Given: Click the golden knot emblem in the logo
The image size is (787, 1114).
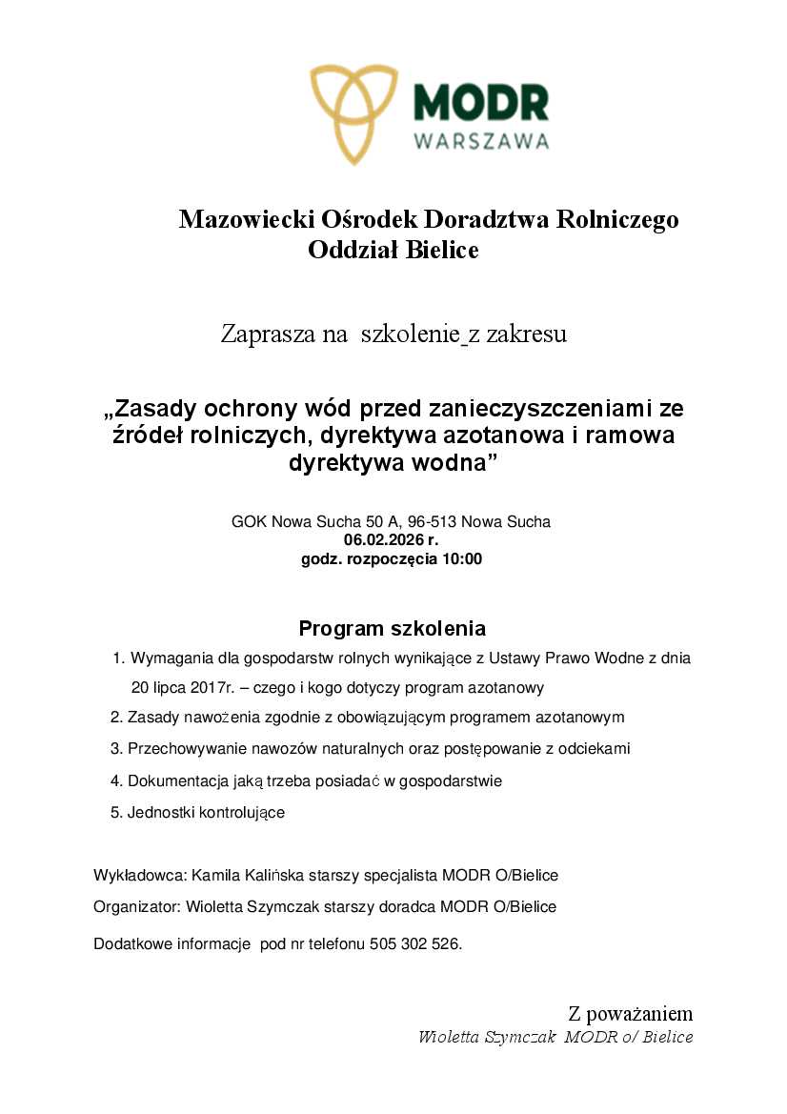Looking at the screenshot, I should (x=354, y=112).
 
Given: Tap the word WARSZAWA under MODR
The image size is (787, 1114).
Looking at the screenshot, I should (x=481, y=141).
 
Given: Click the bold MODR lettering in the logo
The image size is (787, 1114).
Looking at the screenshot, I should (x=481, y=102).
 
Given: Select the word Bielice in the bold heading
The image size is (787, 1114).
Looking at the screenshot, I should (x=442, y=251).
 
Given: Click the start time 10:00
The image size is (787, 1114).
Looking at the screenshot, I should (x=460, y=559).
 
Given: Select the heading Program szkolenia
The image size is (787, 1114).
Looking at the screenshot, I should (x=393, y=629).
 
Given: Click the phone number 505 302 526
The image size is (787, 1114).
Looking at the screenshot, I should (x=422, y=944).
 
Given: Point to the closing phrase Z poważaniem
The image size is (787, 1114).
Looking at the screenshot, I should (x=630, y=1013).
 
